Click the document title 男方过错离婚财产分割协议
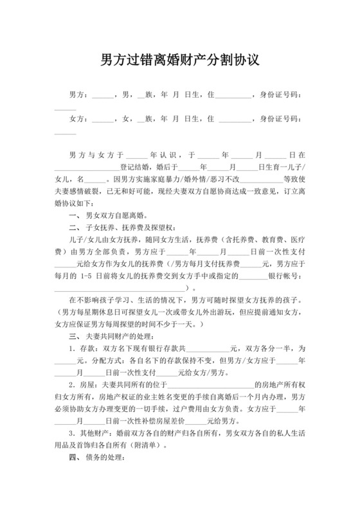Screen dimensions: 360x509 pyautogui.click(x=180, y=62)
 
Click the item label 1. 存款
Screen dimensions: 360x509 pyautogui.click(x=83, y=348)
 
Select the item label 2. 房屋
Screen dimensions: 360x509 pyautogui.click(x=83, y=384)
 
